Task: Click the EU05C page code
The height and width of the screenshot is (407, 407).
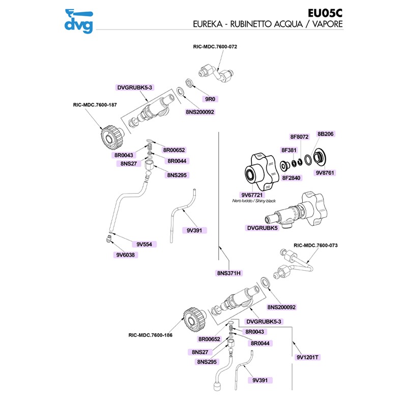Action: click(x=326, y=13)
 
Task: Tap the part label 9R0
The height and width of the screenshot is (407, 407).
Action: click(x=209, y=98)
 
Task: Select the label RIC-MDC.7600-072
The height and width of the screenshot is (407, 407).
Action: click(x=215, y=46)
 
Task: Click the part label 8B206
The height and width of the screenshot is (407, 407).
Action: click(x=326, y=134)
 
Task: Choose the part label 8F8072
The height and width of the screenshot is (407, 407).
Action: click(x=300, y=137)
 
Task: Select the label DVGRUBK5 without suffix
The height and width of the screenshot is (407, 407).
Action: click(x=263, y=228)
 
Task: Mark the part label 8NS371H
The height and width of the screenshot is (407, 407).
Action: click(x=229, y=273)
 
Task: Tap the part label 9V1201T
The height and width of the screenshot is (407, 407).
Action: click(x=308, y=357)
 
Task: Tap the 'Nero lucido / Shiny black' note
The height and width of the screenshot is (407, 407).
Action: click(x=253, y=201)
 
